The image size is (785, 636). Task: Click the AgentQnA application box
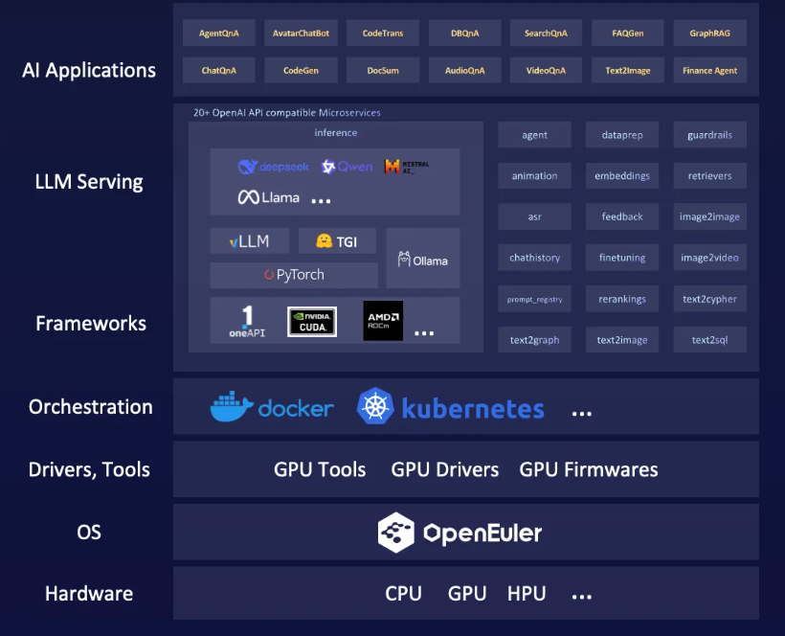tap(219, 34)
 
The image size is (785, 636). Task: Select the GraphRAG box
tap(710, 34)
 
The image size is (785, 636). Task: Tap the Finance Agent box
tap(710, 70)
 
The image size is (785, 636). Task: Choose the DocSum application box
tap(383, 70)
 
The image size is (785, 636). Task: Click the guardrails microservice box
tap(710, 135)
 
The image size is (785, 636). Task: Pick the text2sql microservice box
tap(710, 340)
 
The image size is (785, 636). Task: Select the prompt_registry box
tap(534, 299)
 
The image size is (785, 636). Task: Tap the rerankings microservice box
tap(622, 299)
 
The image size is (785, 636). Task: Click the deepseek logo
tap(274, 167)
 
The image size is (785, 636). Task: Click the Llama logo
tap(269, 198)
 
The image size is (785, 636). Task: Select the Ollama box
tap(423, 260)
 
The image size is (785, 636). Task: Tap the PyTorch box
tap(294, 275)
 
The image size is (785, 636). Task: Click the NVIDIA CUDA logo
tap(312, 321)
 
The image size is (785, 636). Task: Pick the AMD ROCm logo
tap(383, 321)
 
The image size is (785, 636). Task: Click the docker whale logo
tap(232, 407)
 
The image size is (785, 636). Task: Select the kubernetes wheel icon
tap(375, 407)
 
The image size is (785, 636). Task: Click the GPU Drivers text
tap(445, 469)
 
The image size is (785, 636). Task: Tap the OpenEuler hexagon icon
tap(395, 533)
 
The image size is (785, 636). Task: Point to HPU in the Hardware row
tap(527, 594)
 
